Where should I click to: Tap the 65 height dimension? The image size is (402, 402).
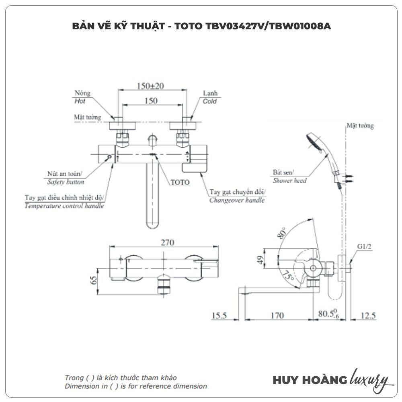tap(94, 280)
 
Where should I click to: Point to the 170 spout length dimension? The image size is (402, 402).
tap(277, 316)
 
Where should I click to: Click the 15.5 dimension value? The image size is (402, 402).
tap(219, 316)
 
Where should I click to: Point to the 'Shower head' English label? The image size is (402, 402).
tap(289, 180)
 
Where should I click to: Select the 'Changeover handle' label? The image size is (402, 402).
tap(237, 200)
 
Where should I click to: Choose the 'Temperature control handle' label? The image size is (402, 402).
tap(64, 206)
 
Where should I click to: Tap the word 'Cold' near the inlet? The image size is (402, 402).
tap(210, 101)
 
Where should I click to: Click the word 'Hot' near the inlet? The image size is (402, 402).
tap(80, 101)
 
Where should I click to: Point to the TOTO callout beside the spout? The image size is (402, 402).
tap(180, 182)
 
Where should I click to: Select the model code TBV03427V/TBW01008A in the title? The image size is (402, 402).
tap(262, 27)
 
